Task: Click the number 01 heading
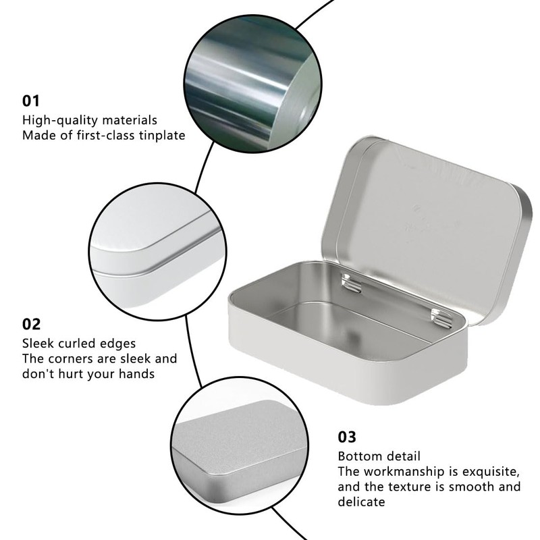[32, 101]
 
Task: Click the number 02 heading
[32, 323]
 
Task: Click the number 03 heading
[347, 437]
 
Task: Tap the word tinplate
[161, 135]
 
